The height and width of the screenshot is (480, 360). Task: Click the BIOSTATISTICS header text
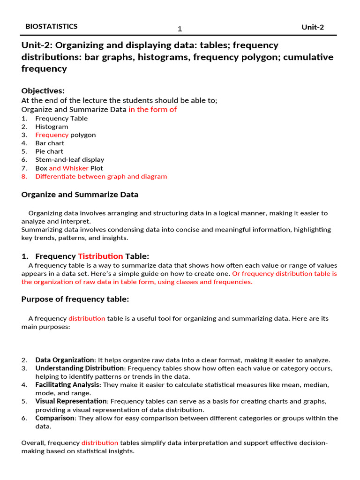(52, 27)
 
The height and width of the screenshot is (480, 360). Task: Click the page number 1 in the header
(180, 30)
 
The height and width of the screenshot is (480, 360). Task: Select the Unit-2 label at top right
(312, 27)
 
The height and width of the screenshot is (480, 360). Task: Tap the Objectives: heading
(43, 91)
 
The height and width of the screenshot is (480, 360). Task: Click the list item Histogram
(52, 127)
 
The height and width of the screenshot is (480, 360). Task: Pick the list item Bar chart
(50, 143)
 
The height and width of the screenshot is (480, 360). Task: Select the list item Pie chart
(50, 152)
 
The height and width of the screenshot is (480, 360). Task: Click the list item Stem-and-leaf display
(70, 160)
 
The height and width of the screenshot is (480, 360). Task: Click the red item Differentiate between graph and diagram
(101, 177)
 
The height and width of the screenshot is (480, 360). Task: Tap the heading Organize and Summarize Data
(80, 195)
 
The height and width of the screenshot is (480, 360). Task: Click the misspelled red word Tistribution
(100, 256)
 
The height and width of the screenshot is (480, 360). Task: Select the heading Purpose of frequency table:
(75, 300)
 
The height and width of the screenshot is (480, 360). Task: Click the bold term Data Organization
(65, 360)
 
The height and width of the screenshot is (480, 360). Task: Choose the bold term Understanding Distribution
(79, 369)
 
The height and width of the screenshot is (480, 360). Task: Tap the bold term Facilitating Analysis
(67, 385)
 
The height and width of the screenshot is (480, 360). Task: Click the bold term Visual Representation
(71, 402)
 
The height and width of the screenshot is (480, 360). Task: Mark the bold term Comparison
(55, 418)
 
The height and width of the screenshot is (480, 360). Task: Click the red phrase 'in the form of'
(152, 110)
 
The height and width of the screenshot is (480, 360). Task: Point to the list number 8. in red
(24, 177)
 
